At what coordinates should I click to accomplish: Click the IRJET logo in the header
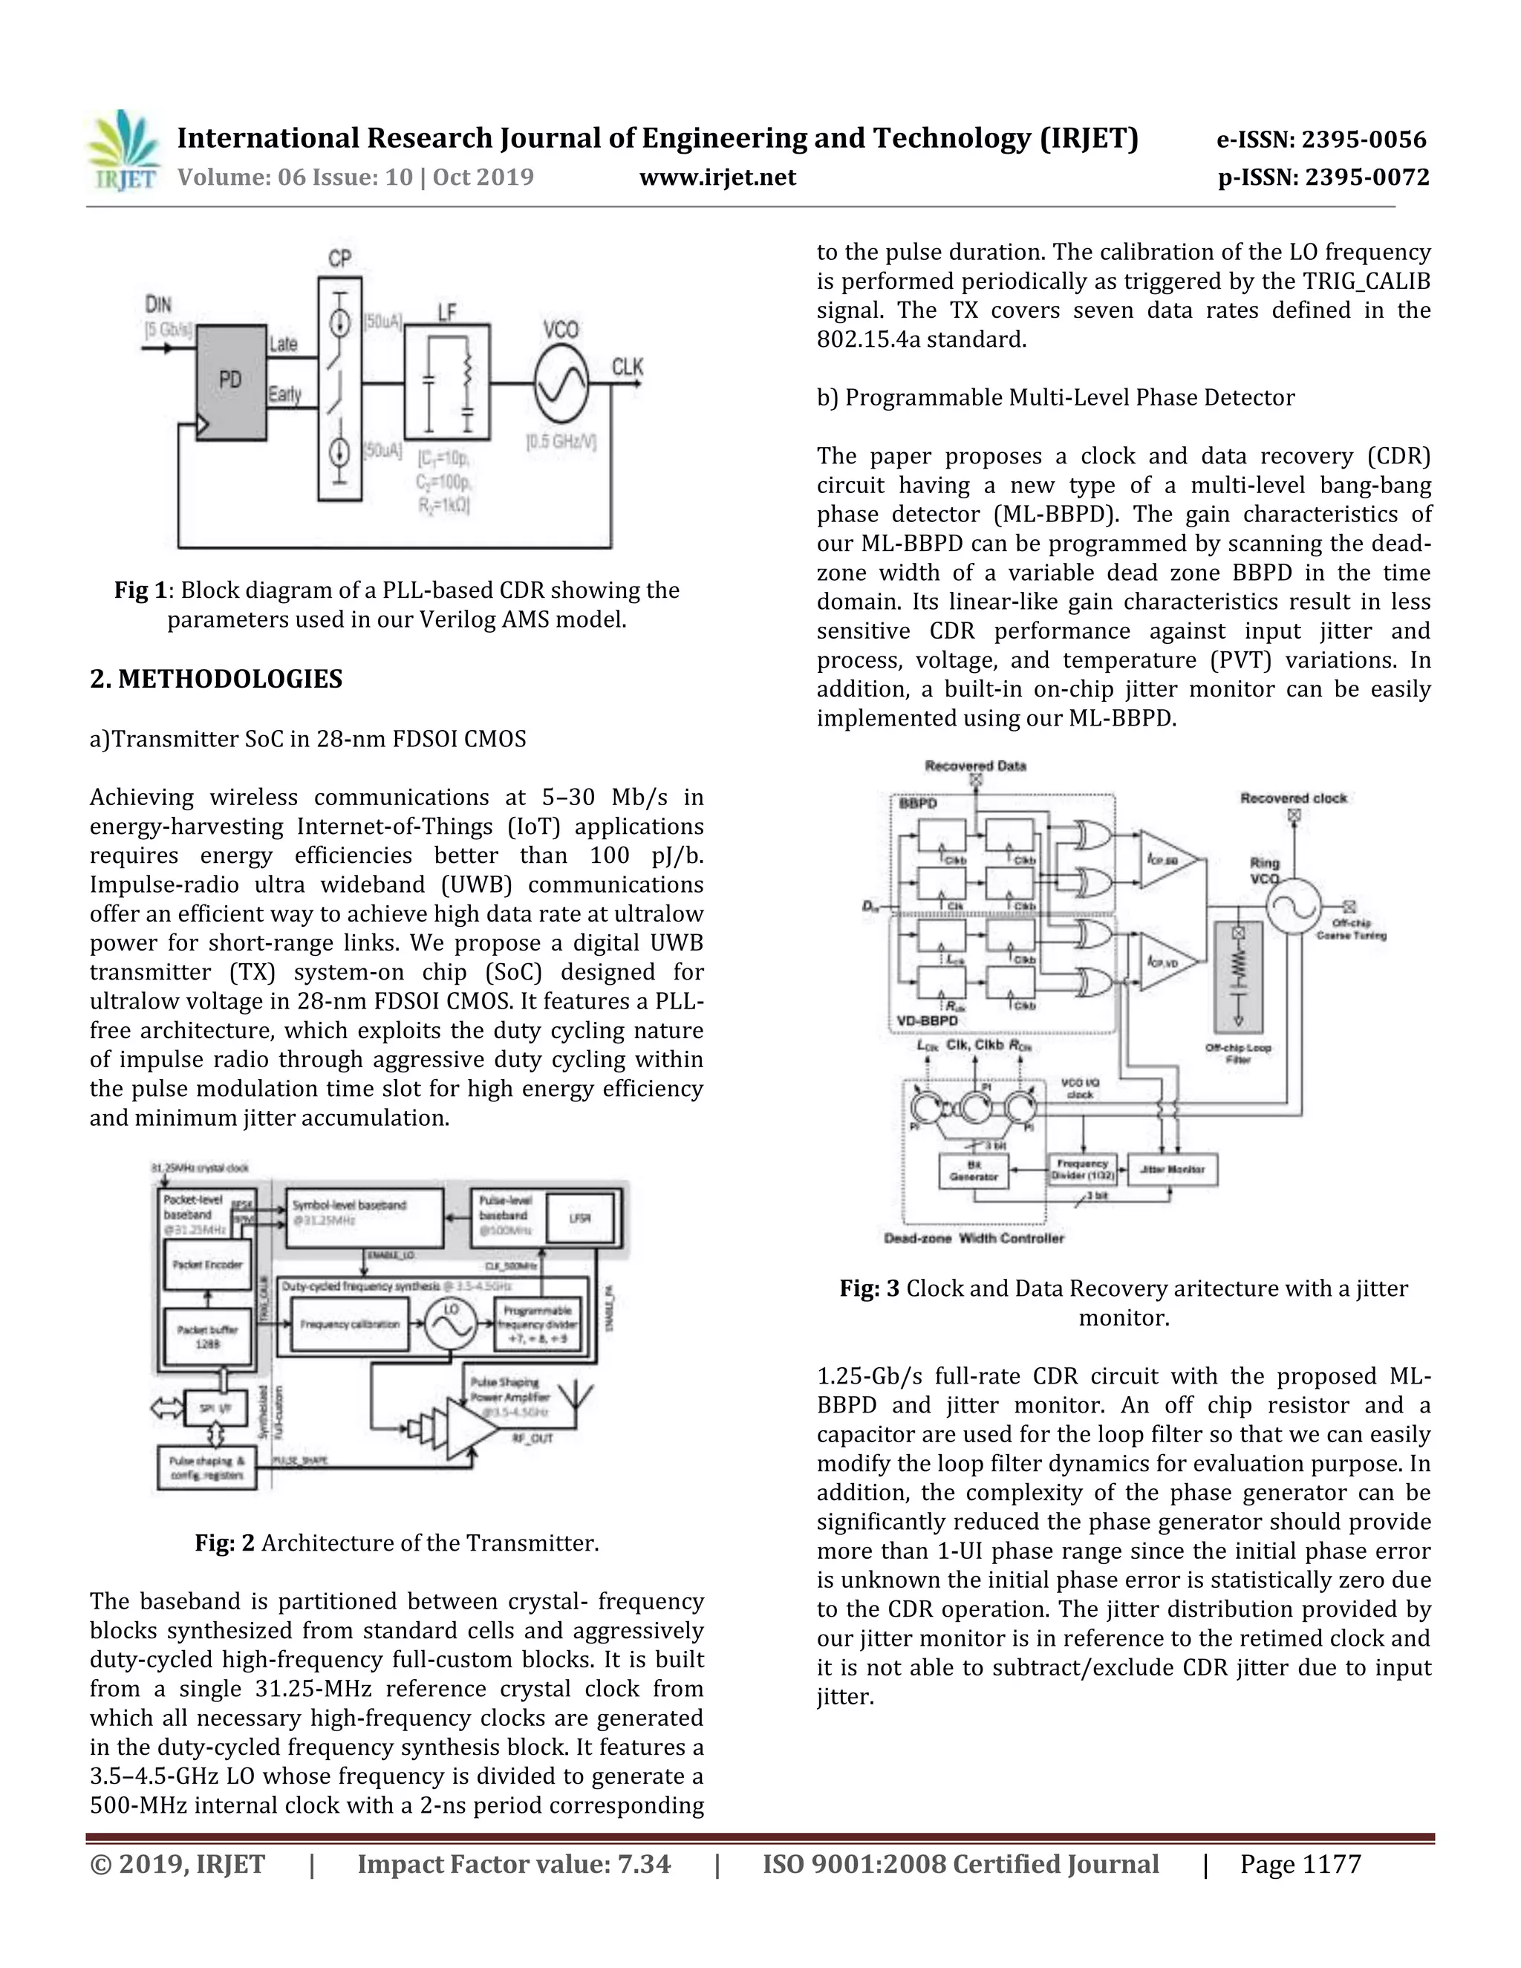[x=123, y=149]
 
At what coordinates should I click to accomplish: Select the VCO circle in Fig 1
[x=561, y=383]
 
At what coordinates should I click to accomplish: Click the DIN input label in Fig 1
[x=159, y=304]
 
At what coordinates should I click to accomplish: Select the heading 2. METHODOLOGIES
[x=216, y=679]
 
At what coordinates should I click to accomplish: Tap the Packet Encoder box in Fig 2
[x=208, y=1264]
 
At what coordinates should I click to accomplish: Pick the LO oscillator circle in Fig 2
[x=451, y=1323]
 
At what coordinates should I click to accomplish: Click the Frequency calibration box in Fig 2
[x=351, y=1323]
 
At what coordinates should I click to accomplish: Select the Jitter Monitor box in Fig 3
[x=1172, y=1169]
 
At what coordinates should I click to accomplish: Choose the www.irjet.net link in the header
[x=717, y=177]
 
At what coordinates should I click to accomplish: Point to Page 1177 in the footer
[x=1300, y=1863]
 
